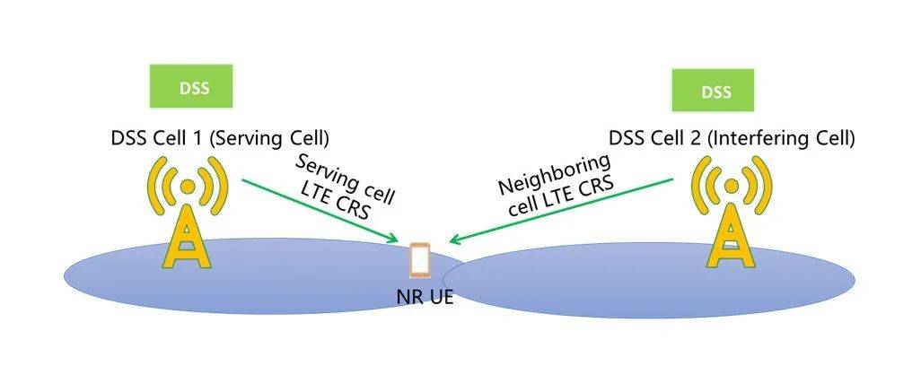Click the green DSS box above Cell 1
189,86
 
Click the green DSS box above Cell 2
715,91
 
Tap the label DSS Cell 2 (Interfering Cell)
732,139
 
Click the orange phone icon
419,260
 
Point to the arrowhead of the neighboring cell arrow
454,240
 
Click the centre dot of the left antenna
187,187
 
